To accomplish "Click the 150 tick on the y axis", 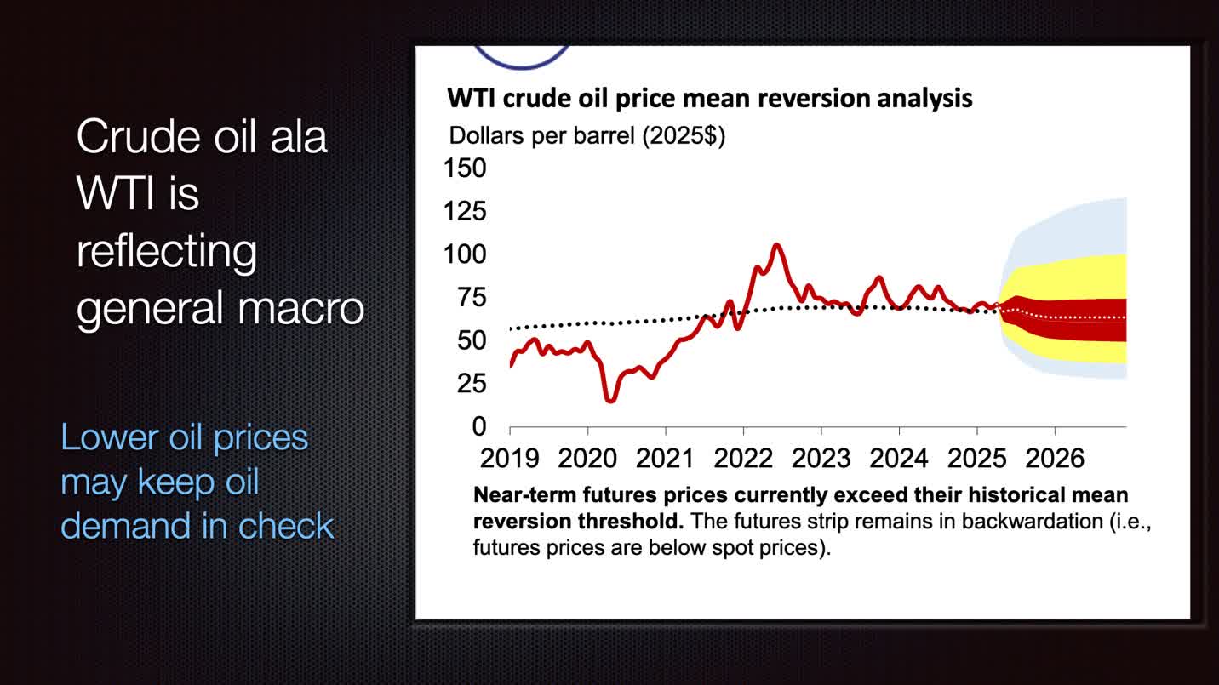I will (465, 168).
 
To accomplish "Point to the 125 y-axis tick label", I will (465, 211).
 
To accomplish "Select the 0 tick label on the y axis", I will (478, 426).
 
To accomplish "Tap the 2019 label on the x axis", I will (509, 458).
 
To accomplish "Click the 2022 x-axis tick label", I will (743, 458).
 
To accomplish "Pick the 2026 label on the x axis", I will (1055, 458).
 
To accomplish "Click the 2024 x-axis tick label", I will (899, 458).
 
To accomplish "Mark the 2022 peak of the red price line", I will (776, 245).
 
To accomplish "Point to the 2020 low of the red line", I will (610, 399).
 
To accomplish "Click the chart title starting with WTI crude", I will (710, 98).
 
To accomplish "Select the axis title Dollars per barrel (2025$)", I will (587, 135).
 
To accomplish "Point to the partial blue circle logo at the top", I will (521, 58).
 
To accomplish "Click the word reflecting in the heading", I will (167, 251).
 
